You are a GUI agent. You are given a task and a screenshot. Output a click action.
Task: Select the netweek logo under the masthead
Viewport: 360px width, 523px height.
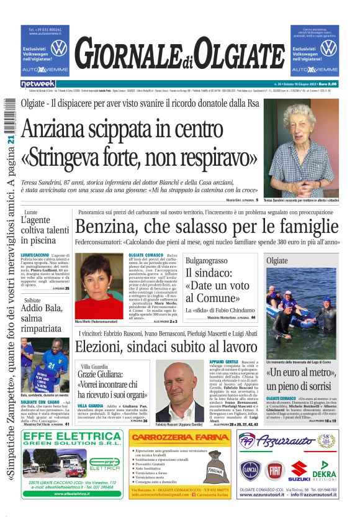coord(38,83)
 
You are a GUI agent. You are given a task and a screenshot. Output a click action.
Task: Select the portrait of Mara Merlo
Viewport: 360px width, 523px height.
coord(99,286)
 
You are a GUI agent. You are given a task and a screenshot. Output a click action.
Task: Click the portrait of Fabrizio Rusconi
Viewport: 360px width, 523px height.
coord(179,391)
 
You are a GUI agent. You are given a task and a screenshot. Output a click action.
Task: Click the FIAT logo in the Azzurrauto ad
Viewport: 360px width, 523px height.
coord(274,470)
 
